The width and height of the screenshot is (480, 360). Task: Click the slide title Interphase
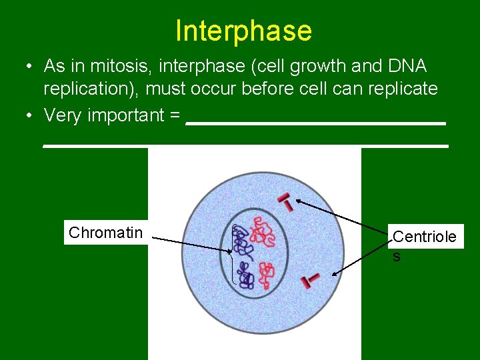coord(243,31)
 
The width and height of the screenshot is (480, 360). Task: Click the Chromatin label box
coord(105,232)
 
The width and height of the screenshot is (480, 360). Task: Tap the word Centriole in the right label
coord(425,237)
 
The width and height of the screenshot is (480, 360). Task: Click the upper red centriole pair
coord(285,201)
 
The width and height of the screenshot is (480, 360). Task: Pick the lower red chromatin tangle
coord(267,272)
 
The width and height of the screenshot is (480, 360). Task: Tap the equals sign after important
coord(175,115)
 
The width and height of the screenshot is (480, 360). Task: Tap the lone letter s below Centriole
coord(397,257)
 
